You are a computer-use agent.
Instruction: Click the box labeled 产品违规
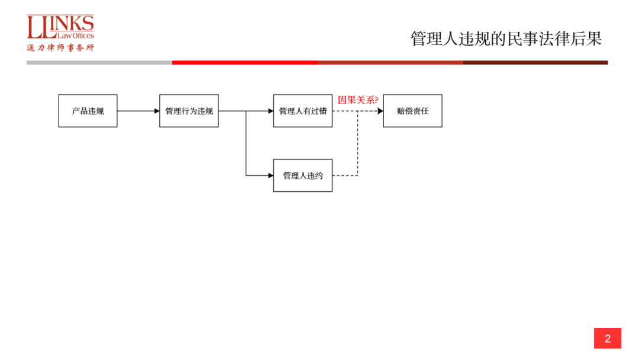[x=88, y=111]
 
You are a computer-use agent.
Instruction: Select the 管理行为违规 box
[x=189, y=111]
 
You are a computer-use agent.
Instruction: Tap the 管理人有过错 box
[x=302, y=111]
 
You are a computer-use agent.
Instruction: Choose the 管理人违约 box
[x=302, y=175]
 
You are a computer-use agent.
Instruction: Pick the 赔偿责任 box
[x=412, y=111]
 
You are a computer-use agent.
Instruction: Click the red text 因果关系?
[x=358, y=99]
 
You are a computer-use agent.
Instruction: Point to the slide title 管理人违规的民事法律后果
[x=506, y=39]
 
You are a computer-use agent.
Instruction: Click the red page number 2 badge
[x=607, y=339]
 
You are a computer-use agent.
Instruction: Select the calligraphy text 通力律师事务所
[x=60, y=48]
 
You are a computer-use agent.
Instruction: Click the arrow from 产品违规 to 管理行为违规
[x=138, y=111]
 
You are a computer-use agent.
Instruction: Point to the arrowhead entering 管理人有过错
[x=270, y=111]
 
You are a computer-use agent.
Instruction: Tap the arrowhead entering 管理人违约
[x=270, y=175]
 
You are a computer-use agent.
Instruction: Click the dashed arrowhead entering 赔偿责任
[x=380, y=111]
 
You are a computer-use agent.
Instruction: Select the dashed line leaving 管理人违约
[x=345, y=175]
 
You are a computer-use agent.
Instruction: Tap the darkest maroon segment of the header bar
[x=535, y=62]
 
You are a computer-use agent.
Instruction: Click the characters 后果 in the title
[x=588, y=39]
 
